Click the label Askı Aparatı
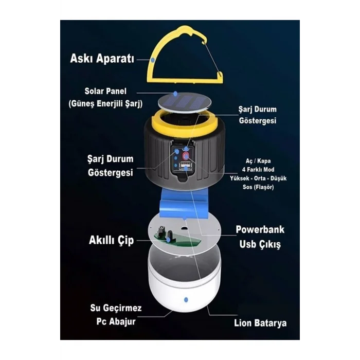click(x=102, y=59)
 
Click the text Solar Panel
click(x=105, y=91)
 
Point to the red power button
click(x=186, y=156)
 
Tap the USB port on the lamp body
click(x=186, y=166)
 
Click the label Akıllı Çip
click(x=111, y=240)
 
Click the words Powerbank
click(x=260, y=229)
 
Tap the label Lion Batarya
click(x=260, y=323)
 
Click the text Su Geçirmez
click(x=116, y=308)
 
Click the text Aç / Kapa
click(x=258, y=161)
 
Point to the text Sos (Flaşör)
click(x=258, y=187)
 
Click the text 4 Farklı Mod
click(x=258, y=170)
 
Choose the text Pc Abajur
click(x=116, y=321)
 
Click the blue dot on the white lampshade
click(x=186, y=300)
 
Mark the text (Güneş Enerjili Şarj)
click(x=105, y=103)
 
